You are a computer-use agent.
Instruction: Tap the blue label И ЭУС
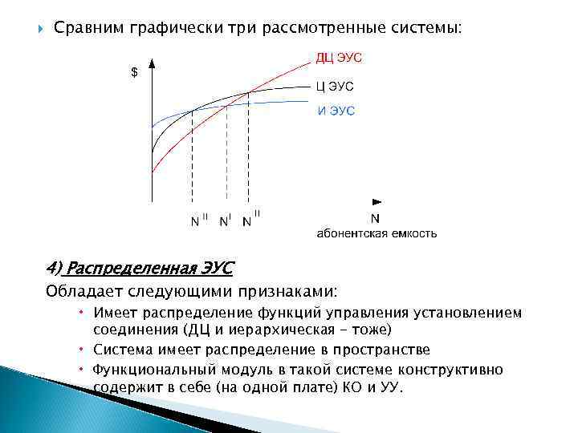click(x=336, y=110)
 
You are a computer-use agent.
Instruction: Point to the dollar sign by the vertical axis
click(x=134, y=72)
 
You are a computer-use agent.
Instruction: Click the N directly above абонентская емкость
click(x=375, y=217)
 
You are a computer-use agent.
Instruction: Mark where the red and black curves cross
click(x=249, y=92)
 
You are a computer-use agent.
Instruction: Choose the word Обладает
click(x=83, y=289)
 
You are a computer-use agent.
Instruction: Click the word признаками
click(x=287, y=289)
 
